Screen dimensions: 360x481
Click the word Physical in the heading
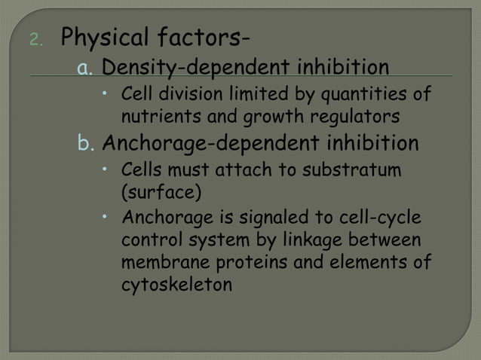103,36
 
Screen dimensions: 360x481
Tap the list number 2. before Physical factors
38,38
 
